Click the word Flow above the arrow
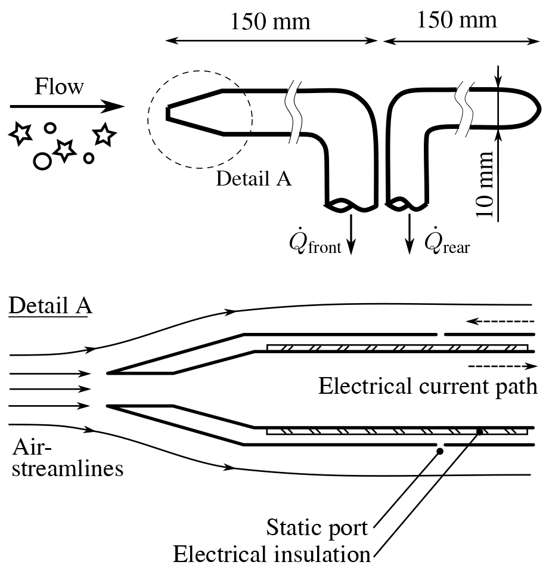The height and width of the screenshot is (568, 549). [x=59, y=87]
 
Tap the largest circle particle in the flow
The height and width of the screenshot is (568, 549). [x=42, y=160]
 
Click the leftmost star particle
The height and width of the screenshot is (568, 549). [x=21, y=134]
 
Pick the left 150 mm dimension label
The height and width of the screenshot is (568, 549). [x=271, y=22]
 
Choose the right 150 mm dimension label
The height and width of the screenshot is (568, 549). [x=457, y=20]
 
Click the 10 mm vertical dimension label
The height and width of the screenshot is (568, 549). [x=486, y=185]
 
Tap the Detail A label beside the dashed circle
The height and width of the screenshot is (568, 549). [x=254, y=178]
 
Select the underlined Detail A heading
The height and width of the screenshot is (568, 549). [x=50, y=306]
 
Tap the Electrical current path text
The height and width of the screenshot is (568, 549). [x=428, y=386]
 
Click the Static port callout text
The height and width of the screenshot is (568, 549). [x=317, y=527]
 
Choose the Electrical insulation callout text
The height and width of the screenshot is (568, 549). [x=272, y=554]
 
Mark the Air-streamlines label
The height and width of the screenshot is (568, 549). [x=66, y=458]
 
